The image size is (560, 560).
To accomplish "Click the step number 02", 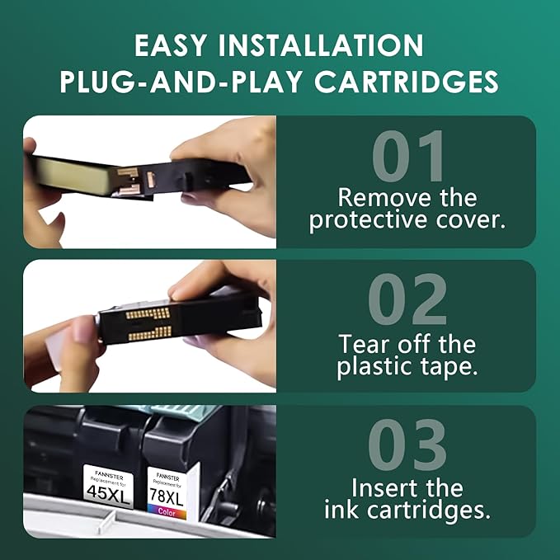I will (407, 302).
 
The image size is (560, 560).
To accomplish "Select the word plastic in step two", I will (373, 367).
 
